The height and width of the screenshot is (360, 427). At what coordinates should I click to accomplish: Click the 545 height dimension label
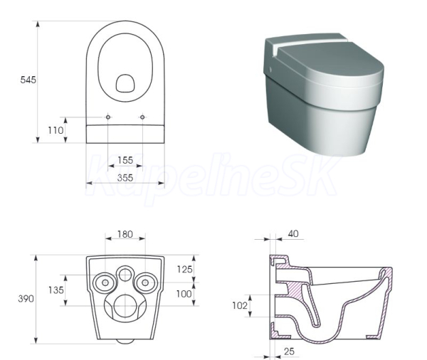[x=28, y=80]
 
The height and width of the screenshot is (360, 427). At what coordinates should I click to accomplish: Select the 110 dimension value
[x=56, y=130]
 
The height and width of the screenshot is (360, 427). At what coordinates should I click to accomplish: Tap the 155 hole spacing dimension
[x=125, y=160]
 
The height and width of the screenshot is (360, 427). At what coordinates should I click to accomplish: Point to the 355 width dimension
[x=125, y=178]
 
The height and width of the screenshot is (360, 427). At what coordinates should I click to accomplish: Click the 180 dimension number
[x=125, y=234]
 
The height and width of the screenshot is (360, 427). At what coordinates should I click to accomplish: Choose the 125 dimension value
[x=184, y=269]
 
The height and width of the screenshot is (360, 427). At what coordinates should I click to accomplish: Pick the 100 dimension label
[x=184, y=294]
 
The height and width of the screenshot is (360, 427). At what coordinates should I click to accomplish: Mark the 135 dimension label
[x=56, y=290]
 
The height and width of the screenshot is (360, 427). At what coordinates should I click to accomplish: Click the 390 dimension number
[x=26, y=299]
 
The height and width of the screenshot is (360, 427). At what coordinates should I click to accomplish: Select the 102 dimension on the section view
[x=240, y=305]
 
